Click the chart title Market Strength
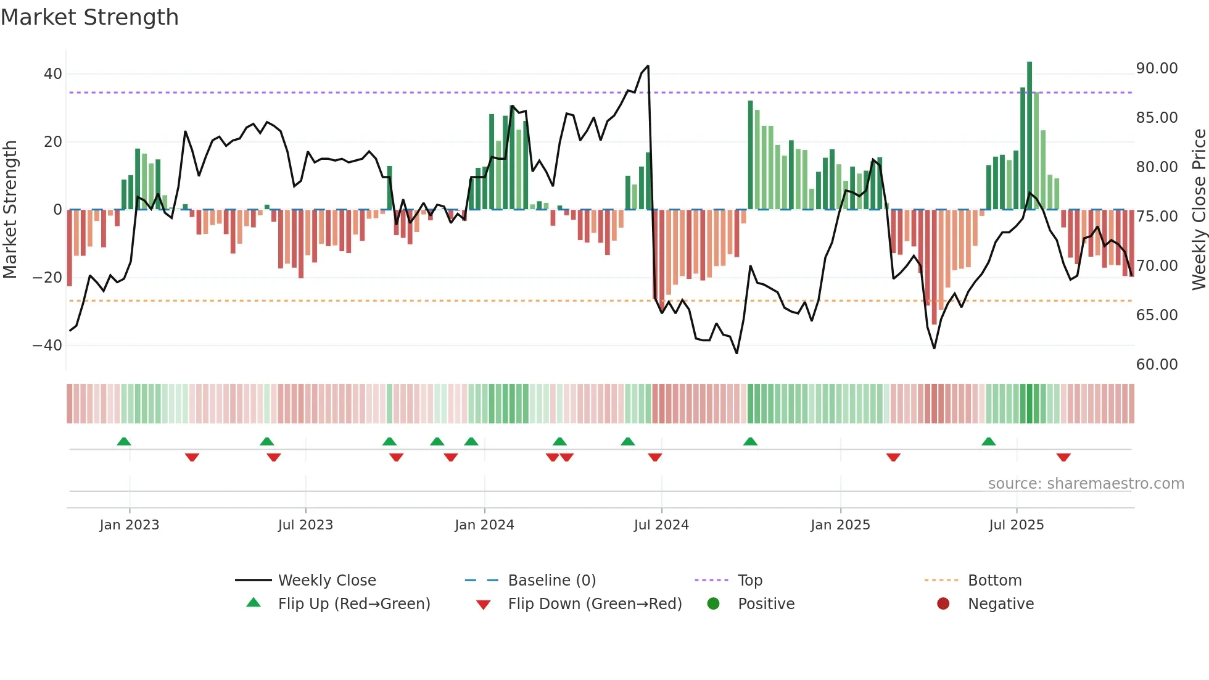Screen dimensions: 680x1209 [x=89, y=17]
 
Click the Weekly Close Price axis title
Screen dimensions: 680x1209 [x=1199, y=209]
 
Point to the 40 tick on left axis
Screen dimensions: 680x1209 [x=53, y=74]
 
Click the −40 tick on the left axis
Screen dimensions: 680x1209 [x=47, y=346]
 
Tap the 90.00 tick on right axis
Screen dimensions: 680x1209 [x=1157, y=68]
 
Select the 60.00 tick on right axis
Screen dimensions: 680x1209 [x=1157, y=365]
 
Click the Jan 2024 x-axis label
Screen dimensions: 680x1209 [x=484, y=525]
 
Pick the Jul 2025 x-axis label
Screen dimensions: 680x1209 [x=1016, y=525]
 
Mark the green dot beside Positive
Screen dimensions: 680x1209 [x=714, y=604]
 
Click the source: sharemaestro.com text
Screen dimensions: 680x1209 [x=1086, y=484]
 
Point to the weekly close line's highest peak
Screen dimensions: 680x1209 [x=648, y=66]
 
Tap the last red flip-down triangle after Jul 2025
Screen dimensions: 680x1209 [x=1063, y=457]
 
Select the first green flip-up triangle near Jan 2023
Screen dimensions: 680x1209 [x=124, y=441]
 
